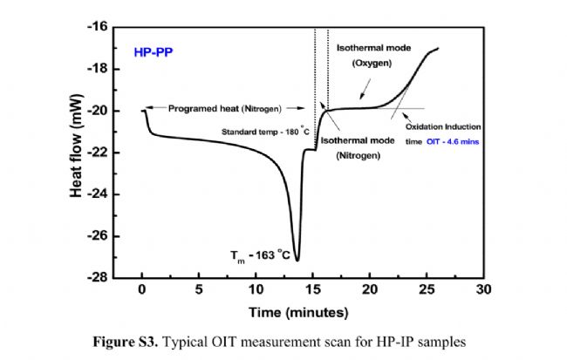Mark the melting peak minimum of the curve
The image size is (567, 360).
tap(297, 260)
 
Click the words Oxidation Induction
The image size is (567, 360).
tap(449, 126)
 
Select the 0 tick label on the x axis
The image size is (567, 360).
tap(142, 290)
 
